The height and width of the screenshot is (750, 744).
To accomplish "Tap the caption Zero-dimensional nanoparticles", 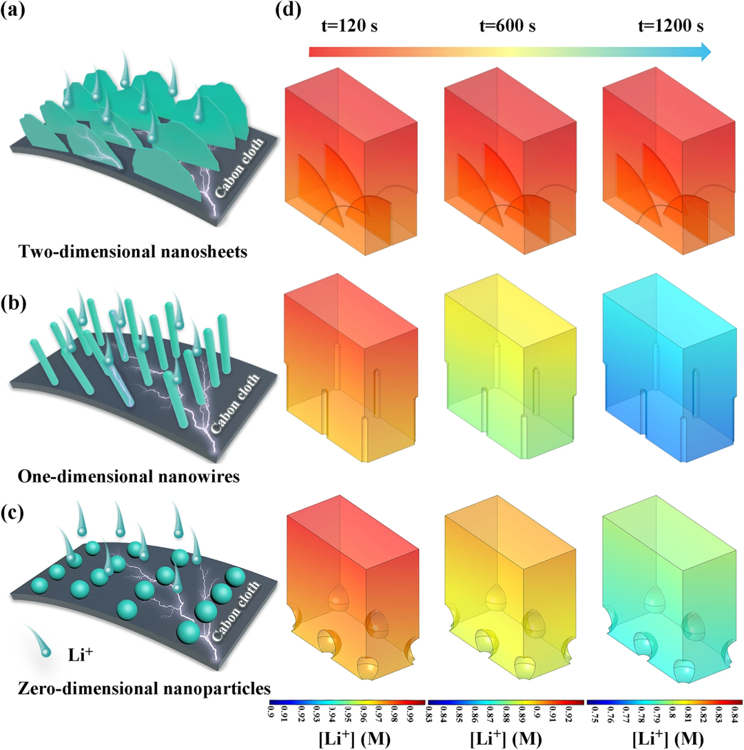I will click(135, 687).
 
